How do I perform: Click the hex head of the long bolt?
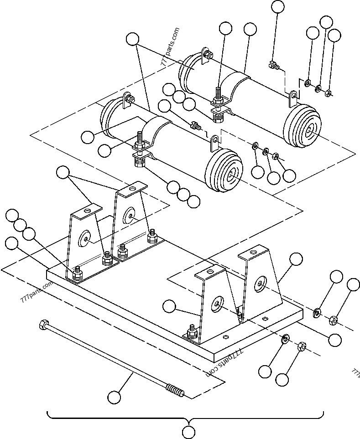coord(44,325)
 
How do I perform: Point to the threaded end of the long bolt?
coord(175,391)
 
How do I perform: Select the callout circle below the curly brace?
coord(188,432)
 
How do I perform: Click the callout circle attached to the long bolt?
coord(115,397)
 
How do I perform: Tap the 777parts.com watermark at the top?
coord(171,47)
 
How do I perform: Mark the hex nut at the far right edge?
coord(334,320)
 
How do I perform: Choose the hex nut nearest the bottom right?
coord(302,347)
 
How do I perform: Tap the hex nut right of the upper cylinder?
coord(328,93)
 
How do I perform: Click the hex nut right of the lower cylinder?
coord(276,156)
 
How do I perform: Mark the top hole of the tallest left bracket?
coord(132,187)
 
